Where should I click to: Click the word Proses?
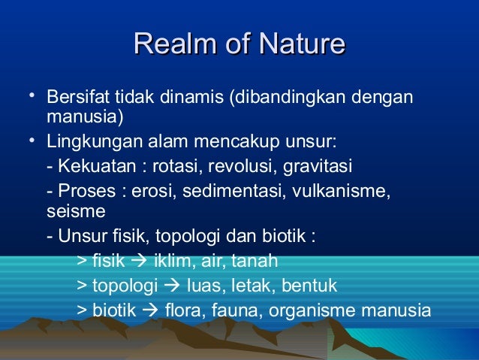pyautogui.click(x=83, y=189)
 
